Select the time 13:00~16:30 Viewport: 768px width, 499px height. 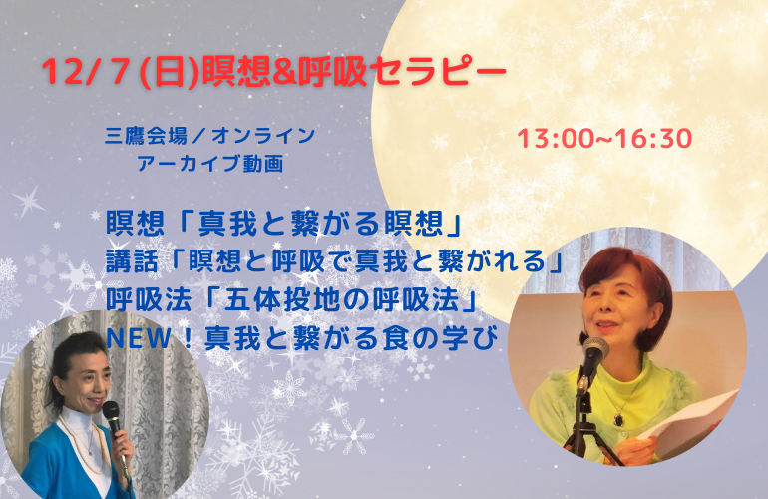(x=604, y=138)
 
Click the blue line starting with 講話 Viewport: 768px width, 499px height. (x=334, y=261)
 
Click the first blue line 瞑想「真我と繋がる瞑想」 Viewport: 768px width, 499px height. (x=281, y=222)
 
